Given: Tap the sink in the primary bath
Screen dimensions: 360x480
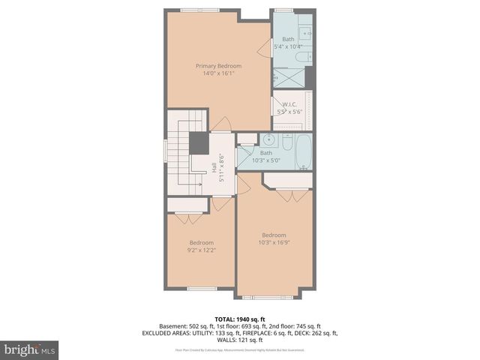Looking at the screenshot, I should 304,33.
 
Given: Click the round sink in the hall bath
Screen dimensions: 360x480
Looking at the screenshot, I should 267,139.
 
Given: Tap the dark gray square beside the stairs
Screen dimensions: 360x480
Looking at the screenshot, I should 199,142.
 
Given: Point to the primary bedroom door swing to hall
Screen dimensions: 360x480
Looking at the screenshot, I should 220,124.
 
